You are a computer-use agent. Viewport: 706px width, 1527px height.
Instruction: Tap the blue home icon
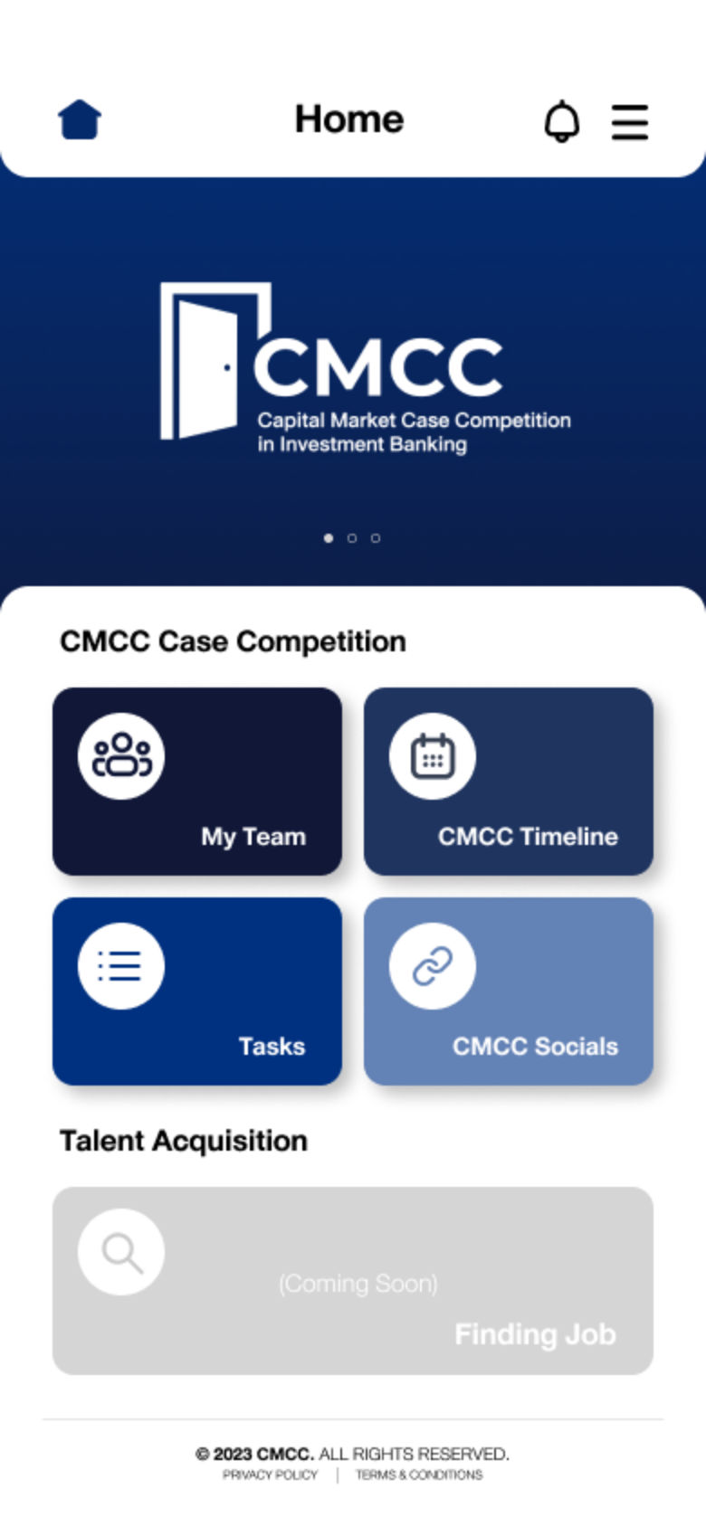[80, 120]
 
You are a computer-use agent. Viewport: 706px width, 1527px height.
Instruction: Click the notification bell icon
[562, 121]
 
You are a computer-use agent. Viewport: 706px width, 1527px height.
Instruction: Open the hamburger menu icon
[630, 122]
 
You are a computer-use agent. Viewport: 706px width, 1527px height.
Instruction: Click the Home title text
[349, 119]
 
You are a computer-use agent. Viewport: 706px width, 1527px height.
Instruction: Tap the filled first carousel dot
[328, 538]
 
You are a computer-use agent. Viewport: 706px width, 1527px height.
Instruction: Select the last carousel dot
[375, 538]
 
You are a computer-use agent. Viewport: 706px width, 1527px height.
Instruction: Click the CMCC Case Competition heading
[233, 642]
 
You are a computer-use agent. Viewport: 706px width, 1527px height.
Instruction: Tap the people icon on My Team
[121, 756]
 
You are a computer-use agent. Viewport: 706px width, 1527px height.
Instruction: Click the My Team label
[253, 837]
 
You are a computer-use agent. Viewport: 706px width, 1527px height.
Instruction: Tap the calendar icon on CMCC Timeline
[433, 756]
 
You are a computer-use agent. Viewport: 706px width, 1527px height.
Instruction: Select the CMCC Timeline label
[528, 837]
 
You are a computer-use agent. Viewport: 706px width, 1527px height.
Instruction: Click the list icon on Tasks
[120, 966]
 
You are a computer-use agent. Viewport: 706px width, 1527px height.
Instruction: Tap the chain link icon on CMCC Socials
[433, 966]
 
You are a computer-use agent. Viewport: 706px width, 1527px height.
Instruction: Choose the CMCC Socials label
[536, 1047]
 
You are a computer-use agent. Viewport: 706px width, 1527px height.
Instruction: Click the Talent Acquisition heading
[184, 1141]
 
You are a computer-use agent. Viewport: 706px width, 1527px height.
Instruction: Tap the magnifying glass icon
[123, 1253]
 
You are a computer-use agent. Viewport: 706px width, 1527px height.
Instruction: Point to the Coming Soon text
[358, 1284]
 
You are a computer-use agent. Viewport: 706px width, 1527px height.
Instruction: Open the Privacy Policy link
[270, 1475]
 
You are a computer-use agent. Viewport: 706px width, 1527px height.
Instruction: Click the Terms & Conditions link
[419, 1475]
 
